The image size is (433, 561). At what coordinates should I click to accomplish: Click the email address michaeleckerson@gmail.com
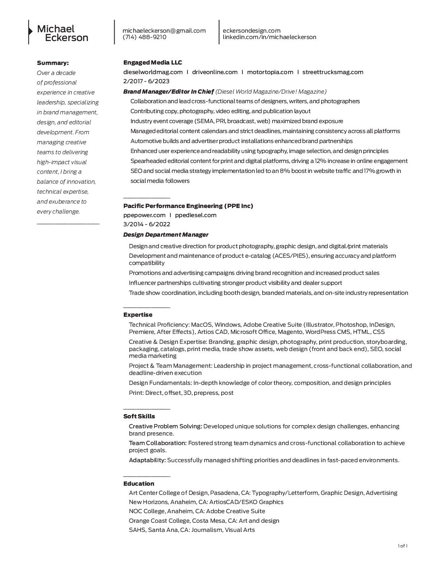point(164,31)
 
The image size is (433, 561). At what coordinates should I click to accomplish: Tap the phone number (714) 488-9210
point(144,37)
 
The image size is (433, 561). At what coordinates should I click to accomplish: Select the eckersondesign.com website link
point(252,31)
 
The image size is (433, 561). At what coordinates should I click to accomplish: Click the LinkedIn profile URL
point(269,37)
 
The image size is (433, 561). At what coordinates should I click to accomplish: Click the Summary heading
point(53,63)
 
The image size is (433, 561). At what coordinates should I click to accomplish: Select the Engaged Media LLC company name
point(152,63)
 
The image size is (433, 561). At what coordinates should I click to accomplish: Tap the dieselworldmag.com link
point(153,72)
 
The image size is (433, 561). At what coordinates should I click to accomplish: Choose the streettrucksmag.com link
point(333,72)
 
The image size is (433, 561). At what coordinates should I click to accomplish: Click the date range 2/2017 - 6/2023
point(146,81)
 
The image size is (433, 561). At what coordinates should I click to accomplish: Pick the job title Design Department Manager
point(166,235)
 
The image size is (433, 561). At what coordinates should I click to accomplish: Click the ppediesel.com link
point(196,215)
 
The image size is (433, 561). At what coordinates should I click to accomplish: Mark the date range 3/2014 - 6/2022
point(146,224)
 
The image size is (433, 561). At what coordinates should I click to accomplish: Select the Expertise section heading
point(138,315)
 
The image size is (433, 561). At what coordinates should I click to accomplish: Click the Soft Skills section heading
point(139,416)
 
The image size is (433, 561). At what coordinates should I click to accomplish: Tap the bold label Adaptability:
point(147,460)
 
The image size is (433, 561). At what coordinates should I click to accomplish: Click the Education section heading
point(138,484)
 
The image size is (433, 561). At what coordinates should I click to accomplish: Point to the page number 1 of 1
point(402,546)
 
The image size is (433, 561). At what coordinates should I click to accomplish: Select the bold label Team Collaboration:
point(158,443)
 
